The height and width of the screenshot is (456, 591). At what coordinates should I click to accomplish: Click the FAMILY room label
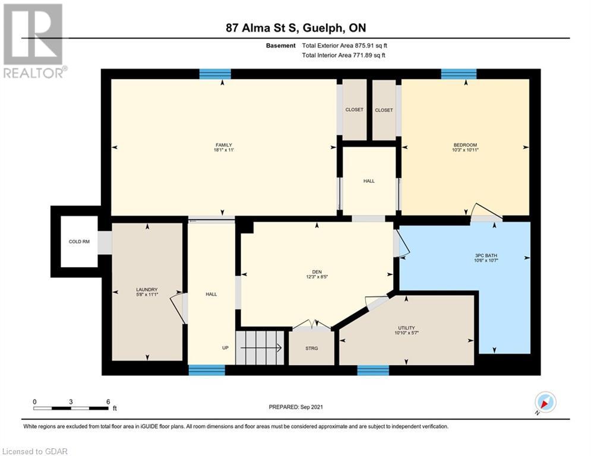pos(223,145)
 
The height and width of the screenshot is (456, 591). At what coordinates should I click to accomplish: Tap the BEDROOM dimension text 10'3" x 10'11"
pos(465,150)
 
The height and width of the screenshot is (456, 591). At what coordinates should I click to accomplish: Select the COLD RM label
pos(79,242)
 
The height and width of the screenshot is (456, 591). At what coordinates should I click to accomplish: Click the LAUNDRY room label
pos(147,289)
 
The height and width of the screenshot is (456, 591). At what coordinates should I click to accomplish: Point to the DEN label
pos(317,272)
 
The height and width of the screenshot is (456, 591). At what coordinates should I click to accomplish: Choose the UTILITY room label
pos(406,328)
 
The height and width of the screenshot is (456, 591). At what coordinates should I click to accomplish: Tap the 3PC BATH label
pos(486,255)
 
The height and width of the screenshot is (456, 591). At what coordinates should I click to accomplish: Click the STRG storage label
pos(311,348)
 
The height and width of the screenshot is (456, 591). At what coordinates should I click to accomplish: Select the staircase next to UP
pos(260,348)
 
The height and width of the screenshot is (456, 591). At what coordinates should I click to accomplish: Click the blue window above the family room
pos(215,74)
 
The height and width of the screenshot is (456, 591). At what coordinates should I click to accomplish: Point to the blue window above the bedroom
pos(459,74)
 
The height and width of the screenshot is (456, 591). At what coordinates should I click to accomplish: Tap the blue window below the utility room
pos(373,370)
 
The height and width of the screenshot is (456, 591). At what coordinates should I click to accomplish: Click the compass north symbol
pos(545,402)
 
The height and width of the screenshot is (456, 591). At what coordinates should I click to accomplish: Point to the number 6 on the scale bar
pos(108,402)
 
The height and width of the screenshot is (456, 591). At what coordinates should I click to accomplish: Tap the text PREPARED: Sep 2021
pos(296,407)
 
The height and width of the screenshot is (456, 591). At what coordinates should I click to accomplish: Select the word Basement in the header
pos(281,46)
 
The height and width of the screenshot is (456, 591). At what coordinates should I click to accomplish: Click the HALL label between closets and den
pos(369,181)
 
